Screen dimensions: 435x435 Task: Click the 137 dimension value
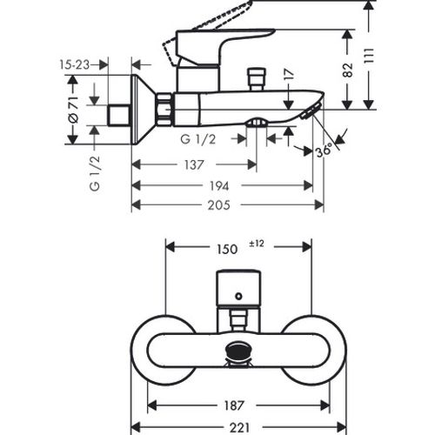click(x=194, y=165)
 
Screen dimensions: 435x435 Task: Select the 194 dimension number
click(x=219, y=186)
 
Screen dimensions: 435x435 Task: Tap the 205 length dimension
click(x=219, y=205)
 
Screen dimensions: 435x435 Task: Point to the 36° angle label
click(x=324, y=151)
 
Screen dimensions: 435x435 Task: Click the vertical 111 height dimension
click(x=369, y=56)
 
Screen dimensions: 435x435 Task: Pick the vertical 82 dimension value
click(x=348, y=70)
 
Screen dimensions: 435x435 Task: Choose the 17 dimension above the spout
click(x=289, y=75)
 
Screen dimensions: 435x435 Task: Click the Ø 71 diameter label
click(x=73, y=110)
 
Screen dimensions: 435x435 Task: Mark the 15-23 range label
click(x=75, y=64)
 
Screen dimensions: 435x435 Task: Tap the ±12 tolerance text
click(x=257, y=244)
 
